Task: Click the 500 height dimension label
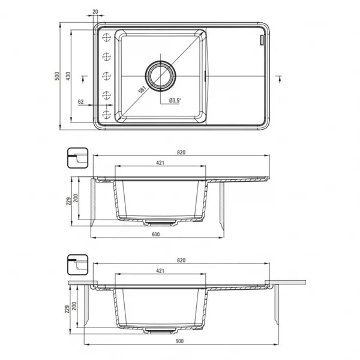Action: point(57,76)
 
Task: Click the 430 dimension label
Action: point(68,76)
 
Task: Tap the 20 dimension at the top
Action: point(95,11)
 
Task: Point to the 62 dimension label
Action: point(81,102)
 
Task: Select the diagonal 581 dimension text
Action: point(142,89)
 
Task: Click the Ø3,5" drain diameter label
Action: point(175,101)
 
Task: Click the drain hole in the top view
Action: point(160,76)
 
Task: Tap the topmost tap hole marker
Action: point(107,37)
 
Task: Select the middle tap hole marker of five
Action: point(107,76)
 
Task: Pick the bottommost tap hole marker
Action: point(107,115)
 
